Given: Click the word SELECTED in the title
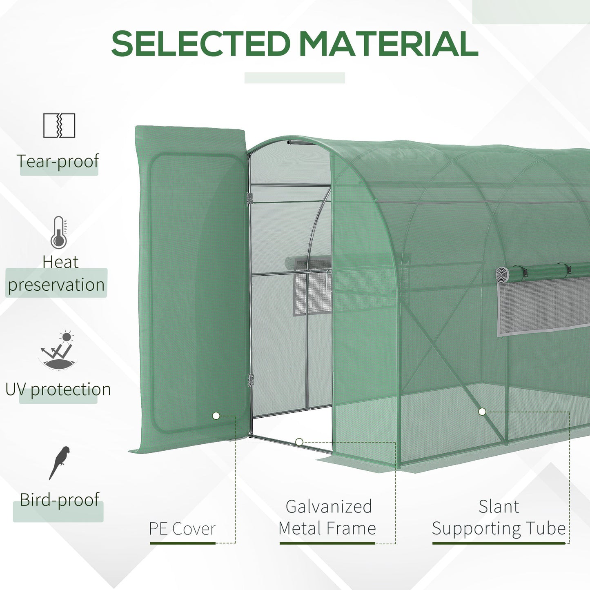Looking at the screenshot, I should [200, 44].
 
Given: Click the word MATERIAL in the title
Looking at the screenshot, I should [388, 44].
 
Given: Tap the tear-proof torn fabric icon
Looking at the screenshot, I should [59, 125].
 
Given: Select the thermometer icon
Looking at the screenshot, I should [59, 232].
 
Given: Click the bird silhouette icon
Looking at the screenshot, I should [60, 463].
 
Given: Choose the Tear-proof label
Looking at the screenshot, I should [58, 161].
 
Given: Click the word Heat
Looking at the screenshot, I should [60, 262].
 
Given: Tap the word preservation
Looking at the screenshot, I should [56, 285].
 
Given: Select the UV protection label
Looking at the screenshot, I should [58, 390].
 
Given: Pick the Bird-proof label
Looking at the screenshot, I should [60, 499].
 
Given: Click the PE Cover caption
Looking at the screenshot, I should [182, 529].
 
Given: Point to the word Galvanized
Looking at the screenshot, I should [329, 507].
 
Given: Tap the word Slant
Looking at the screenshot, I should [499, 507].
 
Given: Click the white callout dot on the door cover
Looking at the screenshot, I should [216, 416].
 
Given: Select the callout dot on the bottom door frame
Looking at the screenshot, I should [299, 442].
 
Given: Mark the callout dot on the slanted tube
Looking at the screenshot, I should [482, 412].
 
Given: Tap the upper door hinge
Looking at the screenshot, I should [249, 199].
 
